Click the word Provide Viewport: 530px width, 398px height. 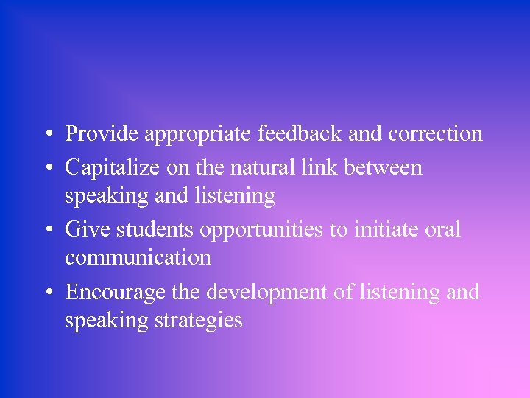(102, 134)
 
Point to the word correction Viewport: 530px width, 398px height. (436, 134)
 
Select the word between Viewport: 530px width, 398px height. (385, 167)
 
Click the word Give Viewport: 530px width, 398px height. (84, 230)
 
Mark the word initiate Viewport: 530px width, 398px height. (387, 230)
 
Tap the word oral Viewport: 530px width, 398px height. (445, 230)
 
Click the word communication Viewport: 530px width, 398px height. (138, 258)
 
